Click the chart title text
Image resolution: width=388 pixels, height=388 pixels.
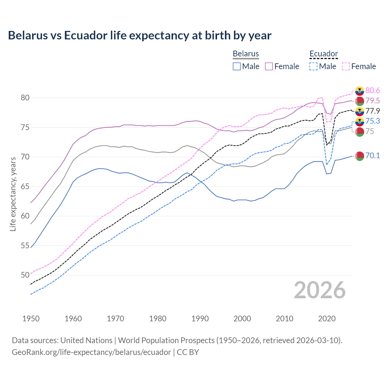tap(139, 35)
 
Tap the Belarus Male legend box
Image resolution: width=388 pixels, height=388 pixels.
tap(237, 66)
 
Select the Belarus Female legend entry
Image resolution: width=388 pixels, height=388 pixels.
tap(282, 66)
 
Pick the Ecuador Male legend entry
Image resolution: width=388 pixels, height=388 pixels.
tap(323, 66)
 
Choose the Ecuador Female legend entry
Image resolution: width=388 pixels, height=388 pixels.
tap(359, 66)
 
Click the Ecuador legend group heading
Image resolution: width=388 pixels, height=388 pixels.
tap(323, 54)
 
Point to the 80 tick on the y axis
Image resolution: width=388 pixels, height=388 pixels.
tap(25, 98)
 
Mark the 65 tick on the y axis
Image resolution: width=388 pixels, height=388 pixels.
tap(25, 186)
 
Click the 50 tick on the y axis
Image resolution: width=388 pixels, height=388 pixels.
tap(25, 275)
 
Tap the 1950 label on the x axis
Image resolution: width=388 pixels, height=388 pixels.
tap(31, 319)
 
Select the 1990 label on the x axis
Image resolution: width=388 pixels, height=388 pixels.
tap(200, 319)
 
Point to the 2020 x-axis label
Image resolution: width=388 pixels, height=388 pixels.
tap(327, 319)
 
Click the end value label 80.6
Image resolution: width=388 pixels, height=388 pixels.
tap(373, 90)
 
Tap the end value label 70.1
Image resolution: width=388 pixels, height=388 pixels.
tap(373, 156)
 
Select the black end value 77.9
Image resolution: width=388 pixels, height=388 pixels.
tap(373, 111)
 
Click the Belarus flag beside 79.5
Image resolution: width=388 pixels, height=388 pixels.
tap(360, 101)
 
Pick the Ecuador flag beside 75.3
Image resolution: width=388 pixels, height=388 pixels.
tap(360, 122)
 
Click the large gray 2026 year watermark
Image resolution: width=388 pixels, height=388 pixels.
tap(320, 290)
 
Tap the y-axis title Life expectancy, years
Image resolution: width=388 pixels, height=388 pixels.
tap(13, 194)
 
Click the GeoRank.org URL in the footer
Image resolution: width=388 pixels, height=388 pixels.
tap(91, 352)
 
